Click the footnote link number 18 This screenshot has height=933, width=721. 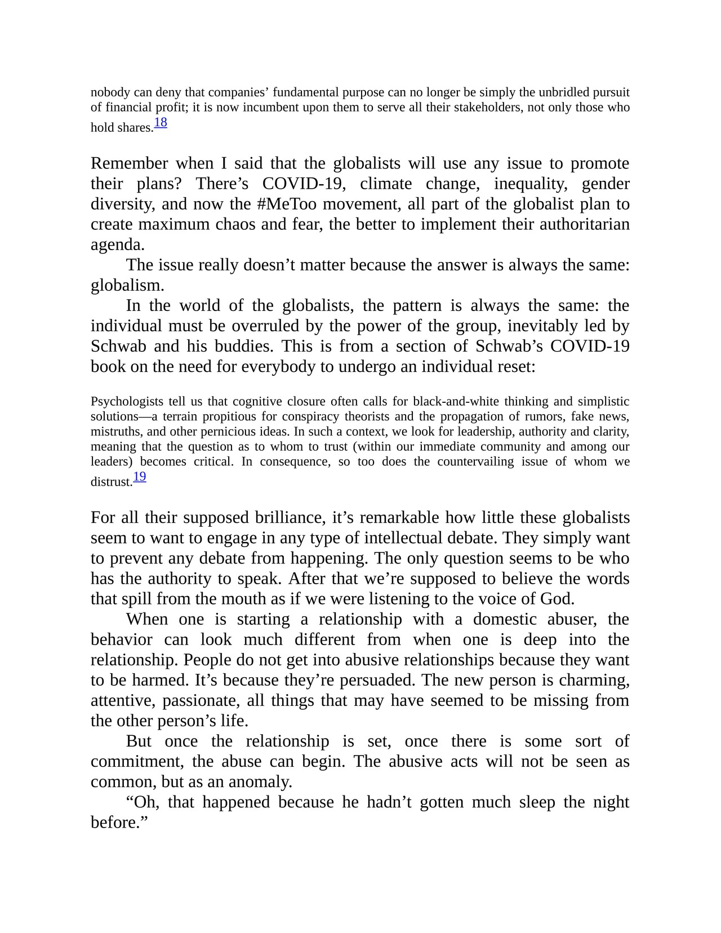tap(161, 122)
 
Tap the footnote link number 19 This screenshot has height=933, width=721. tap(140, 477)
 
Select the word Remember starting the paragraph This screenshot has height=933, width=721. tap(129, 163)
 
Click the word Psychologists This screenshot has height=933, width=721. tap(127, 402)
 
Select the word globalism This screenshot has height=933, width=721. tap(127, 286)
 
